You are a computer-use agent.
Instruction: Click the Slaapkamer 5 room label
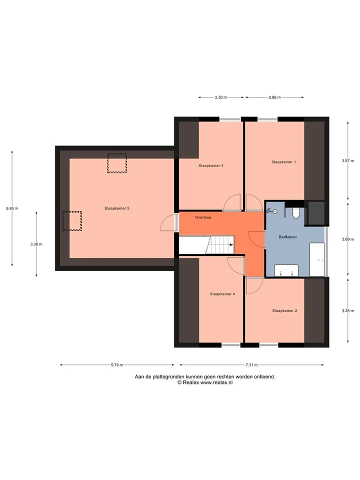[x=117, y=208]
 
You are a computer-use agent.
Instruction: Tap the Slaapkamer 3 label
[x=211, y=165]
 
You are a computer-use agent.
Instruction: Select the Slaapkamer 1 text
[x=284, y=162]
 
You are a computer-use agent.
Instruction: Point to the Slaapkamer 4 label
[x=222, y=294]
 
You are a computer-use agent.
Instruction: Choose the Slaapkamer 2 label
[x=284, y=310]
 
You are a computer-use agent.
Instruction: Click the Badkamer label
[x=288, y=237]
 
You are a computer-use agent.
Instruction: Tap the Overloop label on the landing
[x=203, y=217]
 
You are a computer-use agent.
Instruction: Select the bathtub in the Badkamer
[x=317, y=260]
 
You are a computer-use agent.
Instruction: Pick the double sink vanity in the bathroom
[x=286, y=270]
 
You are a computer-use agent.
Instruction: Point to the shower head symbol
[x=271, y=211]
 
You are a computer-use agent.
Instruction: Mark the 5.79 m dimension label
[x=117, y=365]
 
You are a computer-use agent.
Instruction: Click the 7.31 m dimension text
[x=251, y=365]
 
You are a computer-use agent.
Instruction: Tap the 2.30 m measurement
[x=220, y=97]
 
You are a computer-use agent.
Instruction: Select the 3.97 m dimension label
[x=348, y=160]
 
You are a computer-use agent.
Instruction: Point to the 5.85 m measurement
[x=12, y=208]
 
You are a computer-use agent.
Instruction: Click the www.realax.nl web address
[x=216, y=382]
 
